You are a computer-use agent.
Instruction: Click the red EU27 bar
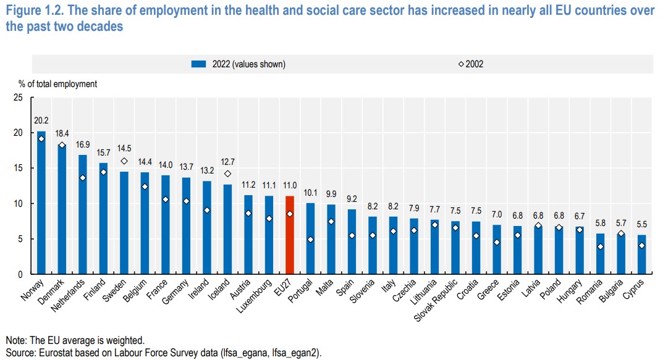point(290,235)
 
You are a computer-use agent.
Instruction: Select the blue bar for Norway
point(41,202)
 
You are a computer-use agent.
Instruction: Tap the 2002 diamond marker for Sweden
point(124,161)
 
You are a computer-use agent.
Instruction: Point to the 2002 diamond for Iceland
point(227,174)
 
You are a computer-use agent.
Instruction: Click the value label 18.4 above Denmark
point(62,133)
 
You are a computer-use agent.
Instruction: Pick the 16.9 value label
point(83,144)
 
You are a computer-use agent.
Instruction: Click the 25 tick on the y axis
point(18,98)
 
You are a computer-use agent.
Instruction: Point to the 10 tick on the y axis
point(18,203)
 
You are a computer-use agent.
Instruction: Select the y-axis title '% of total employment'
point(57,84)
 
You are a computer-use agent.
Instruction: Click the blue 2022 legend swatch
point(198,64)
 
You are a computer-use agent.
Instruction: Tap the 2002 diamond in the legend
point(461,64)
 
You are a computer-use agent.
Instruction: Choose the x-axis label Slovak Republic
point(436,299)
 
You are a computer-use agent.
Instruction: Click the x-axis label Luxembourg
point(254,296)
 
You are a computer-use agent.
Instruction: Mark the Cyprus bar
point(641,254)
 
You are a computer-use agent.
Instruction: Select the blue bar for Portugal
point(311,238)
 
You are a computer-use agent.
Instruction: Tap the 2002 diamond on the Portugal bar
point(311,240)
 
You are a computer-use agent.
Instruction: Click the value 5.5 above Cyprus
point(641,224)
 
